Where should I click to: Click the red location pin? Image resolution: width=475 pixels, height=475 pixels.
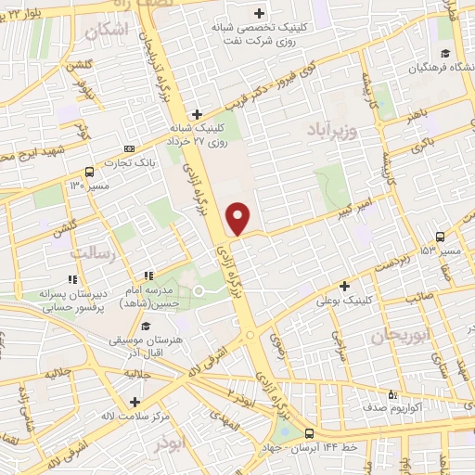(x=238, y=217)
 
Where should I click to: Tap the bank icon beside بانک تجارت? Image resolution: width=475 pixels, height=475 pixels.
(x=129, y=148)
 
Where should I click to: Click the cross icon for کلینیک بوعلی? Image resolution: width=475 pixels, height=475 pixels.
(x=345, y=287)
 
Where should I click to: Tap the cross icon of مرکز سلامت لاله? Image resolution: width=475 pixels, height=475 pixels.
(x=135, y=402)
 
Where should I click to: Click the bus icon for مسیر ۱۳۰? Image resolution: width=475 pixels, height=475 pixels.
(x=89, y=172)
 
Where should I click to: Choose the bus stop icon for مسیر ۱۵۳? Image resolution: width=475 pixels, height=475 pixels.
(x=442, y=237)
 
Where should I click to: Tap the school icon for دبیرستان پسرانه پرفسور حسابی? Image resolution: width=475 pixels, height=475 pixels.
(x=71, y=279)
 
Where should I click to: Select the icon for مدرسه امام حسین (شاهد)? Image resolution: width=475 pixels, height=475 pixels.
(x=148, y=276)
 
